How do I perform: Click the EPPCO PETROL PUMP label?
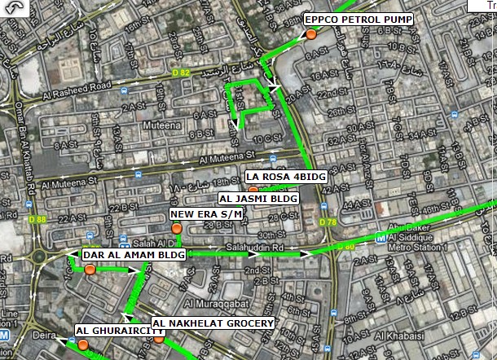(x=358, y=19)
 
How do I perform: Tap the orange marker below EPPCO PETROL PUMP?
(x=311, y=34)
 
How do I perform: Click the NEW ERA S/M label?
(x=207, y=214)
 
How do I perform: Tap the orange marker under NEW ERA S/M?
(x=176, y=229)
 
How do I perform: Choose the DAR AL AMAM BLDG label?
(x=134, y=254)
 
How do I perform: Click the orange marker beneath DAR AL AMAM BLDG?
(x=89, y=269)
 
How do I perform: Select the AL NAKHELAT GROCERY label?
(x=213, y=324)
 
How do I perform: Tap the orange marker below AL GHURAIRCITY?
(x=83, y=345)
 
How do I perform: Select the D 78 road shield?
(x=328, y=222)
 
